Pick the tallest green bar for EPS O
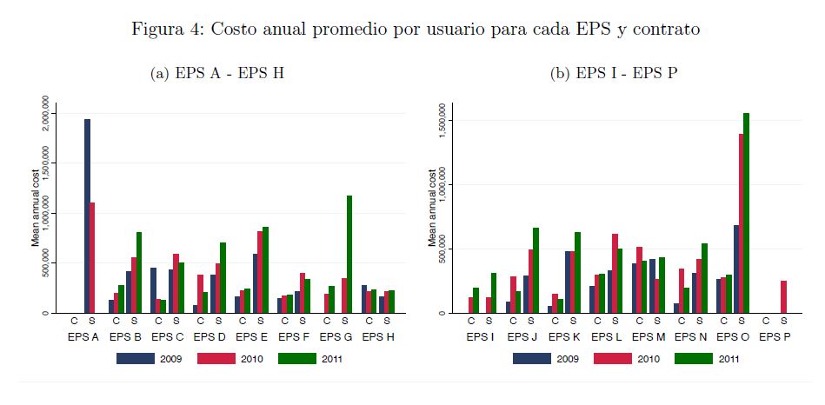click(x=746, y=213)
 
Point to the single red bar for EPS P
click(x=782, y=296)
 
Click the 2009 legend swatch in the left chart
click(x=135, y=358)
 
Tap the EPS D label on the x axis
click(x=210, y=336)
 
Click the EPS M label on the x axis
click(x=649, y=336)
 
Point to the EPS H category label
click(x=379, y=336)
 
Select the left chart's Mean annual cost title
click(x=36, y=208)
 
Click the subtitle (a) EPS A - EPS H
click(x=217, y=74)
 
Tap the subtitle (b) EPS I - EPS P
click(x=614, y=74)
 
